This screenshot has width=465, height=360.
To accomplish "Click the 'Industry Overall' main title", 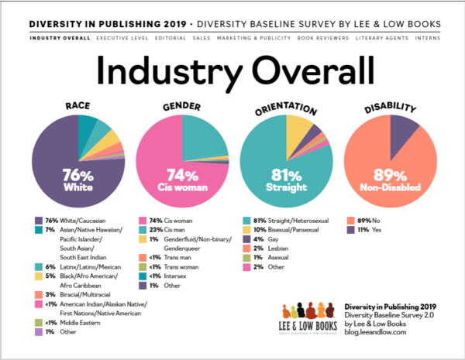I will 232,75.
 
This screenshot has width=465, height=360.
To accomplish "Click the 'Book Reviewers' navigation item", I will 325,37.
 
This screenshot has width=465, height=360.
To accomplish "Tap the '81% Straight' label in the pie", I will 285,180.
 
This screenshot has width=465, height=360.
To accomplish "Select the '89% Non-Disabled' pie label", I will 390,180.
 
